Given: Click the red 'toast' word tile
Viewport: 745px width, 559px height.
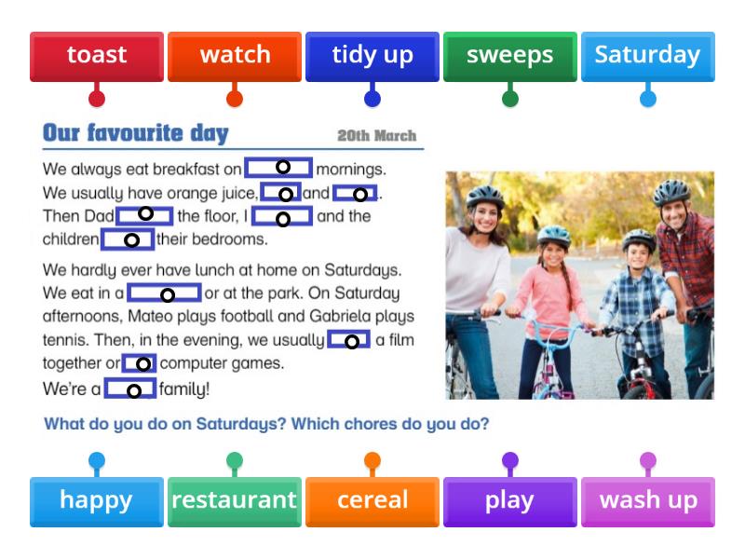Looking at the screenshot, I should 97,56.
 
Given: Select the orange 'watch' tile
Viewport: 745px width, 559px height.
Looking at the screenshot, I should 235,56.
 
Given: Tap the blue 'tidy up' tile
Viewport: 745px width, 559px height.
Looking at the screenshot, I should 372,56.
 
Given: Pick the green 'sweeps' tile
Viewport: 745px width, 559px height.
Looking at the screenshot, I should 510,56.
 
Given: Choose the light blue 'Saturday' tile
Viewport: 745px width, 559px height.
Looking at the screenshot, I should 647,56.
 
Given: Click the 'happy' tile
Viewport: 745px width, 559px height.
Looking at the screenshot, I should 97,500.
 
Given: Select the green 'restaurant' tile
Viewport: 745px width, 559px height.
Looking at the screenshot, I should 235,500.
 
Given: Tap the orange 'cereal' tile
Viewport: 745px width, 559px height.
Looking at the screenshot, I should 372,500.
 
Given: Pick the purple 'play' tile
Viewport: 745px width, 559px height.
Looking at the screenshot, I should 510,500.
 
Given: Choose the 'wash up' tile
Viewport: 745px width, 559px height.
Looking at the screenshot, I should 647,500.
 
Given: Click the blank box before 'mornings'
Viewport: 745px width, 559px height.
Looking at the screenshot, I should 279,168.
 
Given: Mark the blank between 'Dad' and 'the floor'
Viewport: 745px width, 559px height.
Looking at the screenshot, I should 145,215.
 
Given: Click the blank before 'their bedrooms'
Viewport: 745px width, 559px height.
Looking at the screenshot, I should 129,239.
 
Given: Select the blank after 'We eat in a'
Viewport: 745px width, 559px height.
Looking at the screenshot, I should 165,293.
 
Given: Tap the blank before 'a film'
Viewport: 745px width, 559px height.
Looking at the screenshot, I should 349,340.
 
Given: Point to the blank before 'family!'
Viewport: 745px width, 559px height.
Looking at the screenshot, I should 131,389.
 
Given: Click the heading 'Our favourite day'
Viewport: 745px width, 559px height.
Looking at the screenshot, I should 136,133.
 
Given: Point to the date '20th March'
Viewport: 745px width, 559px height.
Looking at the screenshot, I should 376,136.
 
